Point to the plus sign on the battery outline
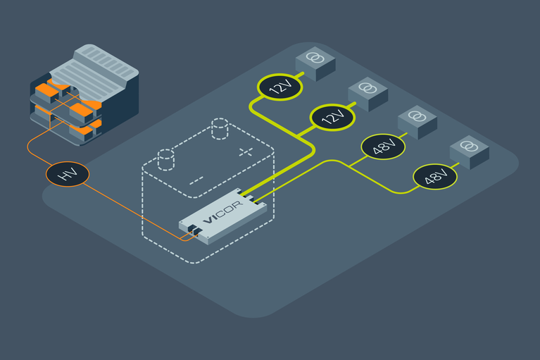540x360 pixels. coord(245,151)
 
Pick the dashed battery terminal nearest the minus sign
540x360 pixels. coord(165,159)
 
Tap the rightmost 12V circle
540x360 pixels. coord(331,117)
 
